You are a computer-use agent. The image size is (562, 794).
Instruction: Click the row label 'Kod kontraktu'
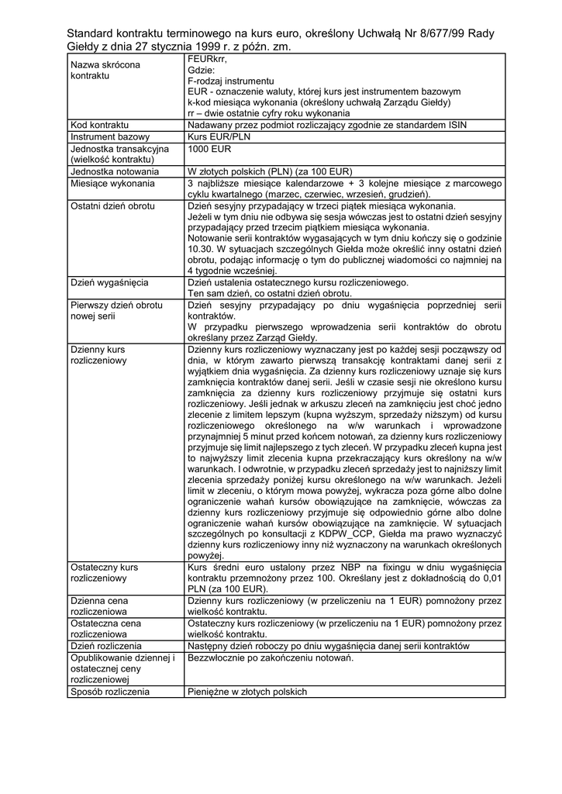point(99,125)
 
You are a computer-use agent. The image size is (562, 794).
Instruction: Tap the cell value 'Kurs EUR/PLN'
point(219,136)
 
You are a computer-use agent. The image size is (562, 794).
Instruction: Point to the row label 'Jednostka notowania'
point(115,171)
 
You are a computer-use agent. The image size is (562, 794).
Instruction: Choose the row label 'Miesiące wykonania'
point(112,183)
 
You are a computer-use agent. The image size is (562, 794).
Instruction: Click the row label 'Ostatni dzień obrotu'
point(112,206)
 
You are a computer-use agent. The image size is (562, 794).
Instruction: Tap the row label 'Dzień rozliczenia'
point(106,646)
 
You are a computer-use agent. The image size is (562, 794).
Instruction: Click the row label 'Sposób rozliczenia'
point(109,692)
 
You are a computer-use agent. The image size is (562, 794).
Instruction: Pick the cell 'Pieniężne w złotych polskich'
point(247,692)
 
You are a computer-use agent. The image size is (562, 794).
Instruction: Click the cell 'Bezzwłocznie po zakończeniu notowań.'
point(271,658)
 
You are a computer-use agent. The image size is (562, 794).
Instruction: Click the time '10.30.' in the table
point(200,250)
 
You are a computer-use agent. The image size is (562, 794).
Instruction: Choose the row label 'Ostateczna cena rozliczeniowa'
point(105,628)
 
